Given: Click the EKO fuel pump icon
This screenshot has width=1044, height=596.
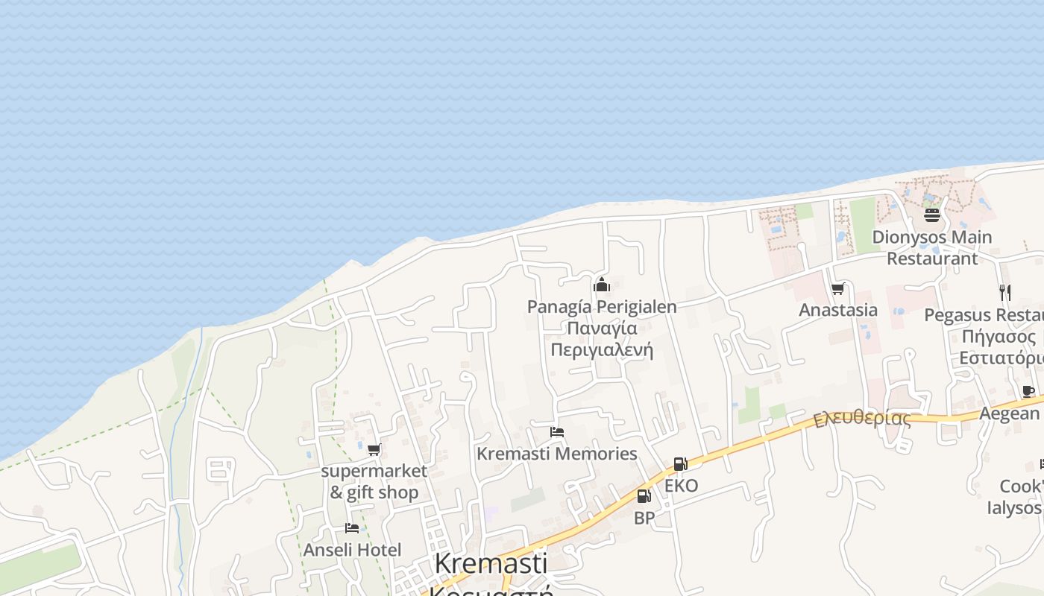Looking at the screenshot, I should click(679, 464).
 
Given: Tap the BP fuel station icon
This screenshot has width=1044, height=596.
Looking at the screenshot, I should click(644, 496).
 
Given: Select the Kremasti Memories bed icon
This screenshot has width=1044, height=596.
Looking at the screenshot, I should click(556, 432).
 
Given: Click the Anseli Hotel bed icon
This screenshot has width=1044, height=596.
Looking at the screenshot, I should click(352, 528).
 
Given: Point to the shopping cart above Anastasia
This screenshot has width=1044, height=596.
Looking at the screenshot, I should click(837, 288).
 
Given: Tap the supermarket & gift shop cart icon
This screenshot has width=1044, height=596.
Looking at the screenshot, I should click(374, 449).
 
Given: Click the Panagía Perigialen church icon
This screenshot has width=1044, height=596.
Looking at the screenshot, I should click(602, 285).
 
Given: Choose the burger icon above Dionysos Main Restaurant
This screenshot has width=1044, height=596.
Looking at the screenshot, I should click(931, 215).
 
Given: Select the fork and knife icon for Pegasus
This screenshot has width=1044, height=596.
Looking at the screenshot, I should click(1004, 292).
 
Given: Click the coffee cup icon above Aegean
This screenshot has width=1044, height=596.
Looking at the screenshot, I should click(1028, 392).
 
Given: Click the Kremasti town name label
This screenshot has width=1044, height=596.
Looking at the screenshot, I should click(491, 563).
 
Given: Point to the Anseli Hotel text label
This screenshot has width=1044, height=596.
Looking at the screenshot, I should click(352, 550).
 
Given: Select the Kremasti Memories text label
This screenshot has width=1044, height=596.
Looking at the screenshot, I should click(556, 454).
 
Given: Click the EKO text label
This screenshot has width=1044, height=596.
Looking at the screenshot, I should click(681, 486).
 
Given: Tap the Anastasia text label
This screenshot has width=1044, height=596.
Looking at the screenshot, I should click(838, 310).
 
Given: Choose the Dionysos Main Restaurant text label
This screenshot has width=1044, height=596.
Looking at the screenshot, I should click(932, 248).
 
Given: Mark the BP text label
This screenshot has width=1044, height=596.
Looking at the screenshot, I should click(644, 518).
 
